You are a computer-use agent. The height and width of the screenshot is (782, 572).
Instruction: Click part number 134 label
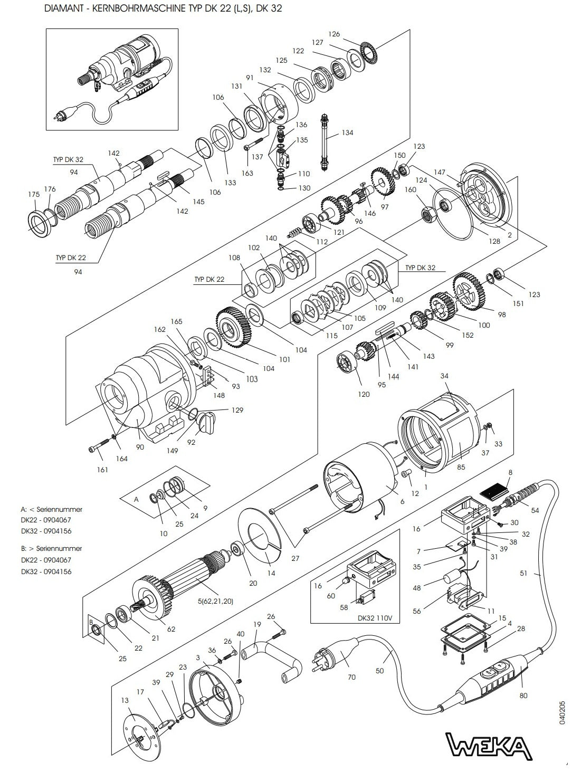[x=347, y=132]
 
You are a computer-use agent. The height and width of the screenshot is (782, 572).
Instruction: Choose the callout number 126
[x=334, y=34]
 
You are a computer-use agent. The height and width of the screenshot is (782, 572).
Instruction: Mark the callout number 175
[x=33, y=195]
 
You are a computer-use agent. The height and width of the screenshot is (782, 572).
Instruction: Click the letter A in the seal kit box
[x=136, y=499]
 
